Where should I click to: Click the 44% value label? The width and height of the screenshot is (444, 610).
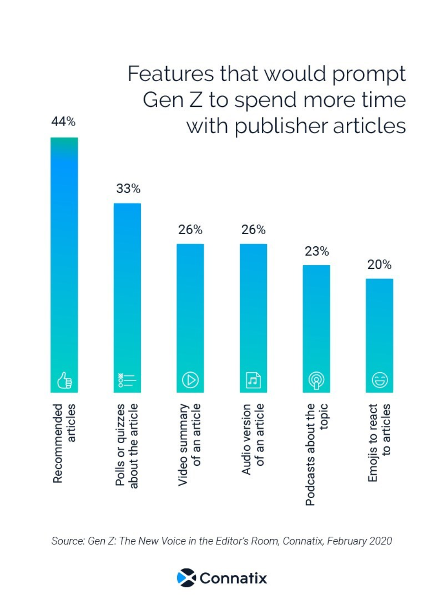tap(63, 122)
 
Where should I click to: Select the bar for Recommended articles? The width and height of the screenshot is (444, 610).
tap(64, 257)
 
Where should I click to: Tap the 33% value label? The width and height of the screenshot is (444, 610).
tap(128, 189)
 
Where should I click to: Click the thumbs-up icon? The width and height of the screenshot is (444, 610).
tap(64, 380)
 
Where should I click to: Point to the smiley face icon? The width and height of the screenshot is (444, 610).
tap(380, 380)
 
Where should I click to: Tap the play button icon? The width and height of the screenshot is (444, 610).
tap(190, 380)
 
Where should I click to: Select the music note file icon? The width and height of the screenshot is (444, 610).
tap(254, 380)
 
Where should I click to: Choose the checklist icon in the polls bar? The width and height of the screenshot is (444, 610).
tap(127, 380)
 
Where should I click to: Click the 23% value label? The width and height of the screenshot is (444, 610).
tap(317, 252)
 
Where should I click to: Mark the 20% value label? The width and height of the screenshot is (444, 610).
tap(379, 265)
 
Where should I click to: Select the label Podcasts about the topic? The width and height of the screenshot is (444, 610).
tap(317, 453)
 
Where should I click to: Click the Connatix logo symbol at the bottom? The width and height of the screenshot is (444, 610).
tap(186, 578)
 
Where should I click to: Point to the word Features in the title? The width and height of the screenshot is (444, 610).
tap(171, 74)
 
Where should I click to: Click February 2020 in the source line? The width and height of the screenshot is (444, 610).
tap(360, 541)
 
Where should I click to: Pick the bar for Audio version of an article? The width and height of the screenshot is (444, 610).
tap(254, 311)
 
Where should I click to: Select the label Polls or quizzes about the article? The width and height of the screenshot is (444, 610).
tap(127, 445)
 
